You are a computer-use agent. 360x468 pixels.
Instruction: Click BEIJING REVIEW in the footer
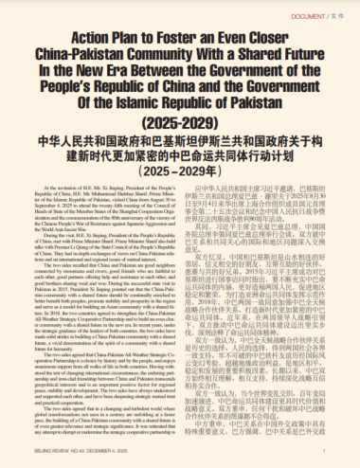[29, 456]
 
